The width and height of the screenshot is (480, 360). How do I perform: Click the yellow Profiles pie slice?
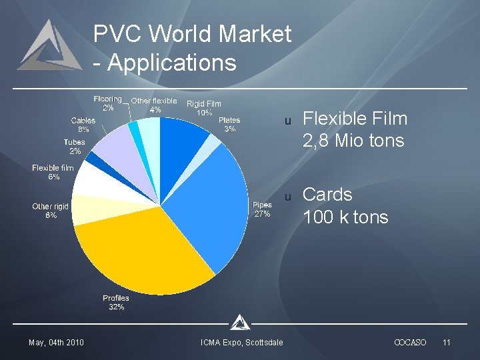coord(143,253)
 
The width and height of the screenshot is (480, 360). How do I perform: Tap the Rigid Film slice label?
coord(203,108)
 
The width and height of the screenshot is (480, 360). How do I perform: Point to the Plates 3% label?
coord(229,125)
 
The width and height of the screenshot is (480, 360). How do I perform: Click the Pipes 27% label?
coord(262,209)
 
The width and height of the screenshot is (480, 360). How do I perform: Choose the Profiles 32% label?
coord(116,303)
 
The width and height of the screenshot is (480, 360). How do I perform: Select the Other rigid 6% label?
coord(51,211)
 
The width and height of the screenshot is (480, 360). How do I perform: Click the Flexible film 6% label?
coord(53,173)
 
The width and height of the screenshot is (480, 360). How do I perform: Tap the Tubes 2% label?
coord(75,147)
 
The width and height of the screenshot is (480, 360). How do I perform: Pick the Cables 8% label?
coord(83,125)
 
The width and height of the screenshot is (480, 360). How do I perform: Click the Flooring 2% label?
coord(107,103)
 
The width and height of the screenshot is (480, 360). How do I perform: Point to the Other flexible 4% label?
coord(154,105)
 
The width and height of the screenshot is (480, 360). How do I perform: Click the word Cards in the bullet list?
coord(327,195)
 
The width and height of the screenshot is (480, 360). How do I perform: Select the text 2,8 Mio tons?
coord(353,141)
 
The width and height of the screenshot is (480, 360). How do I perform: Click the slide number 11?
coord(447,343)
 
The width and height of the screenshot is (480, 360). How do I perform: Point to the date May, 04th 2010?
coord(56,343)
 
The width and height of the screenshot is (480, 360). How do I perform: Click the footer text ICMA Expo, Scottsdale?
coord(241,343)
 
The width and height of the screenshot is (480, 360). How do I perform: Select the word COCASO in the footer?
coord(410,343)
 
